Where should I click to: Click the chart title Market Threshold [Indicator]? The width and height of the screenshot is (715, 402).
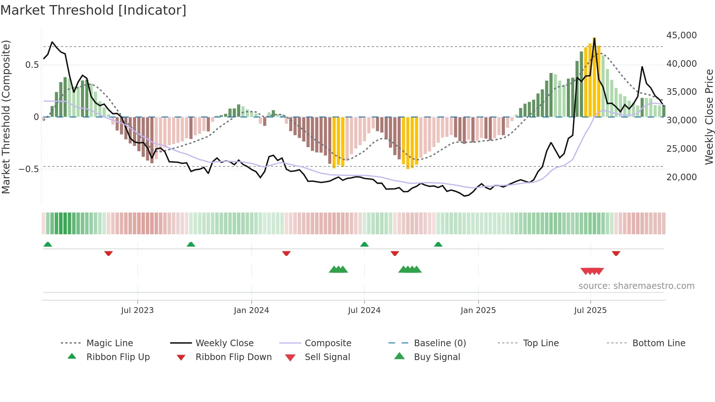[x=93, y=10]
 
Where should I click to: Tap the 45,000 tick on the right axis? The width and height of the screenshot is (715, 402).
[x=681, y=35]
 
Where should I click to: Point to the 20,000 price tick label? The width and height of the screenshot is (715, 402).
[x=681, y=177]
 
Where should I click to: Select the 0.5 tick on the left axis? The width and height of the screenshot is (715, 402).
[x=32, y=65]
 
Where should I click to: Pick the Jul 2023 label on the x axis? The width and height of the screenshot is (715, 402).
[x=137, y=310]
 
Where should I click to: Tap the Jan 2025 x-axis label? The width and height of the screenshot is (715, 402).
[x=478, y=310]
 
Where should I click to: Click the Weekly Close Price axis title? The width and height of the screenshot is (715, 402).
[x=709, y=117]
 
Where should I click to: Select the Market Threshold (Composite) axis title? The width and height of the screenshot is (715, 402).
[x=6, y=117]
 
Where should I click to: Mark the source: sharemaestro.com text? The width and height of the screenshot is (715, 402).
[x=636, y=286]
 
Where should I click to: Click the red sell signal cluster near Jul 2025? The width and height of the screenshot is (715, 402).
[x=592, y=271]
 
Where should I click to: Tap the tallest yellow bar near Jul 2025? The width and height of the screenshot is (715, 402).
[x=594, y=77]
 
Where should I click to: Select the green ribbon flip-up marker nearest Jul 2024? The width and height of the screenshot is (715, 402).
[x=364, y=244]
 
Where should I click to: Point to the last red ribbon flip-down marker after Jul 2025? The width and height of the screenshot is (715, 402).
[x=616, y=253]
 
